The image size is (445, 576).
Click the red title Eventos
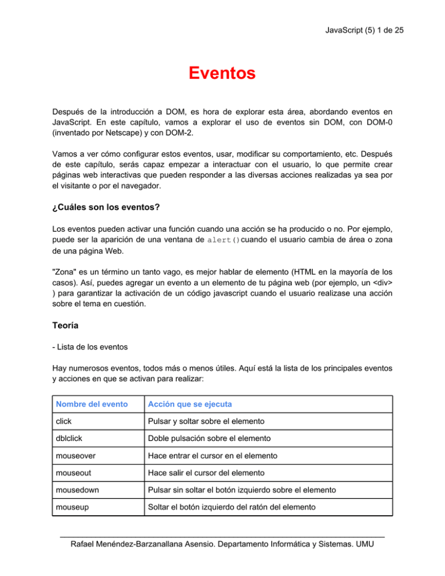222,74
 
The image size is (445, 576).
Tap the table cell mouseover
74,480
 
